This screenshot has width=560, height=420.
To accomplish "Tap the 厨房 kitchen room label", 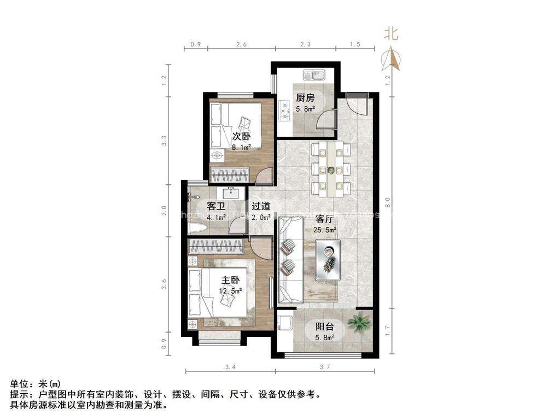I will point(305,98).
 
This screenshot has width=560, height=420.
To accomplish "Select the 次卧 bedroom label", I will point(241,136).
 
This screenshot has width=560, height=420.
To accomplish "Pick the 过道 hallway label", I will point(260,206).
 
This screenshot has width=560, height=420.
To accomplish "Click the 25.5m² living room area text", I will point(325,230).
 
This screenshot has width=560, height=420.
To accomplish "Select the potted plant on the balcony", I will point(360,322).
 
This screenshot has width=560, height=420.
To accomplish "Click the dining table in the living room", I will point(330,168).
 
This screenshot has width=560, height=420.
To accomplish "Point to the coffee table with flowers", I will point(328,260).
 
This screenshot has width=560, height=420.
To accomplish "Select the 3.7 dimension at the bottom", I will point(325,366).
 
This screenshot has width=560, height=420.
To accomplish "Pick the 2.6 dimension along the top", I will point(242,44).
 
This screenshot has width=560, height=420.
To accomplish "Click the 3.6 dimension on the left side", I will point(164,284).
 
